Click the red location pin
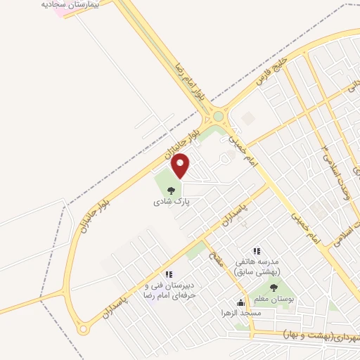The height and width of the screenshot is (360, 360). coord(181,165)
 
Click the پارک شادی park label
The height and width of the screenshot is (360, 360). coord(172,201)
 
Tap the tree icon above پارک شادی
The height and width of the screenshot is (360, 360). coord(172,189)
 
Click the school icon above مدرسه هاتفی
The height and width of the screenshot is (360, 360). coord(257,250)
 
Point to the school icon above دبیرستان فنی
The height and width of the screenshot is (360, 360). coord(168,274)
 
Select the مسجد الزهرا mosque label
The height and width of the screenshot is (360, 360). coord(241,313)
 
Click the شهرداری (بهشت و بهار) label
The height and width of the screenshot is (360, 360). coord(321,333)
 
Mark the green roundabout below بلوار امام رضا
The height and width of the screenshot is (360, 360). coord(218,117)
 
